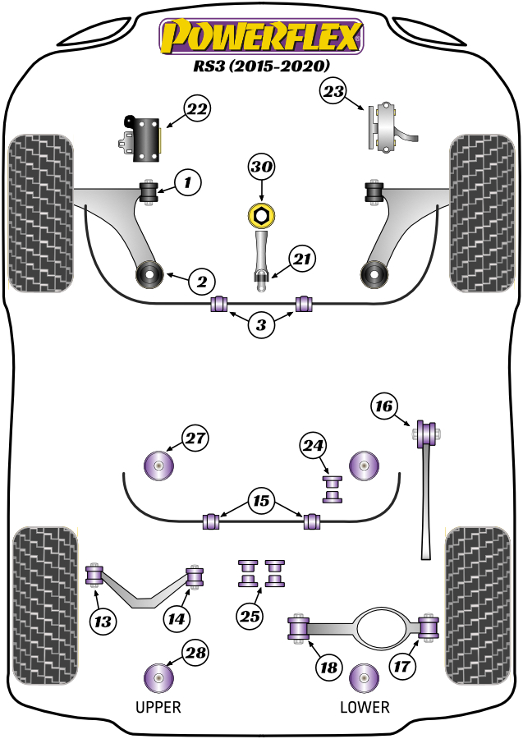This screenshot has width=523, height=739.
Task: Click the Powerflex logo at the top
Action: pos(261,38)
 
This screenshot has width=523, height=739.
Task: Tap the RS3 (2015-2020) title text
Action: pos(261,66)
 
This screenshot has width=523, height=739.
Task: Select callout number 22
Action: pos(197,108)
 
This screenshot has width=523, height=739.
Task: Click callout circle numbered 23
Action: pos(333,93)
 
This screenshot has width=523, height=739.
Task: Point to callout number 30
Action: pos(261,168)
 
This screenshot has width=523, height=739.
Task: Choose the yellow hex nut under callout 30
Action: pos(261,217)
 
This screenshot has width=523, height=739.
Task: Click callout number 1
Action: pos(188,181)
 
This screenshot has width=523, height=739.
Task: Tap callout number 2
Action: pos(200,282)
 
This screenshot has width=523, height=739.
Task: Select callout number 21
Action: pos(301,260)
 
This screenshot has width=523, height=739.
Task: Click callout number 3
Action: pos(261,325)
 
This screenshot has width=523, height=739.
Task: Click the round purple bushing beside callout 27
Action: pos(159,466)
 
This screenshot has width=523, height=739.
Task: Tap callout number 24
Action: pos(313,446)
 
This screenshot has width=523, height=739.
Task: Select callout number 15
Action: pos(261,500)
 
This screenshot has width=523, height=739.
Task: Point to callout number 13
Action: pos(103,622)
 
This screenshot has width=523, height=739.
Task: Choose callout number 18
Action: pos(328,668)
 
